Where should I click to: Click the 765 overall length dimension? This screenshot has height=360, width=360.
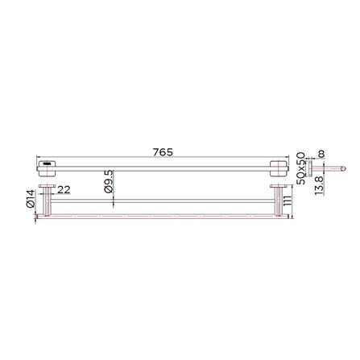click(x=163, y=152)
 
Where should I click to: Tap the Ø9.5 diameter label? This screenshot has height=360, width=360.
click(x=109, y=181)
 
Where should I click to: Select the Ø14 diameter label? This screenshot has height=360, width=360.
click(x=31, y=199)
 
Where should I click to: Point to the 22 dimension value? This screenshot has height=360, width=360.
click(x=64, y=190)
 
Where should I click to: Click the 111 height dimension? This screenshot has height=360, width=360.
click(x=287, y=201)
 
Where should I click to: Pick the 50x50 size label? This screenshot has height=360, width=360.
click(x=301, y=168)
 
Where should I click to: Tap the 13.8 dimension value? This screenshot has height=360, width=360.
click(x=319, y=186)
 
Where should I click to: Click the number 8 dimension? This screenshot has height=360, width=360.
click(x=321, y=154)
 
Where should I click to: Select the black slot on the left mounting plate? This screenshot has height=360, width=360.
click(x=47, y=163)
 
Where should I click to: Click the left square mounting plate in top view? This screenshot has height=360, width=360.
click(x=48, y=168)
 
